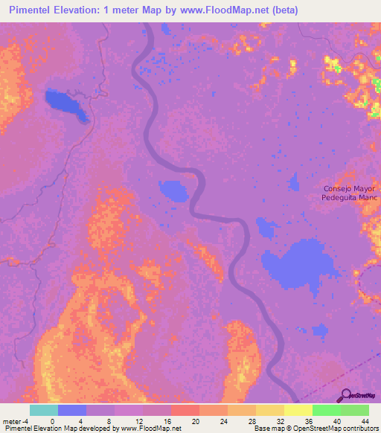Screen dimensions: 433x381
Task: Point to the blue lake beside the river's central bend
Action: tap(175, 190)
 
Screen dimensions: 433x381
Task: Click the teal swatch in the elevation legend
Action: tap(44, 410)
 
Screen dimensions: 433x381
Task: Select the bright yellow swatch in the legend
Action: tap(298, 410)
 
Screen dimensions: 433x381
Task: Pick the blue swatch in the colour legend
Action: tap(72, 410)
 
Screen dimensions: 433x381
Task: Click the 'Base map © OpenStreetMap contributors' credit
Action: tap(315, 429)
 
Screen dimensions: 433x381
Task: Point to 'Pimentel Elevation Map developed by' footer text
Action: tap(60, 429)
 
